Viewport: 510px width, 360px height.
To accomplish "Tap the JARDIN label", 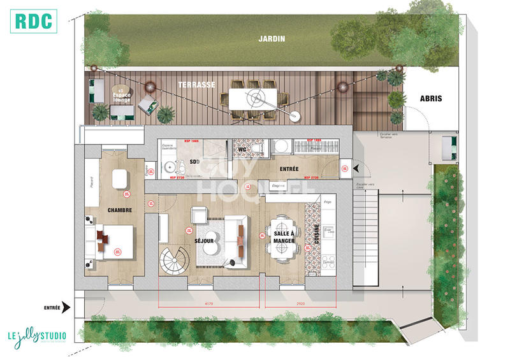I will click(x=272, y=38).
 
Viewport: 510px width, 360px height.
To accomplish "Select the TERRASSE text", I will click(x=195, y=84).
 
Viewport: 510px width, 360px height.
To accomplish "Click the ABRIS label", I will click(x=431, y=99).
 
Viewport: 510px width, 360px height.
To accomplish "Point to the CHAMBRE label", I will click(x=119, y=210).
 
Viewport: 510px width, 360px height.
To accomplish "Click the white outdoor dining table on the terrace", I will click(x=254, y=98).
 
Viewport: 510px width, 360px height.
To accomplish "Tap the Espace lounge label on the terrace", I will click(x=121, y=97).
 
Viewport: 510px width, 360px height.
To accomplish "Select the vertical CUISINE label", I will click(x=315, y=234).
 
